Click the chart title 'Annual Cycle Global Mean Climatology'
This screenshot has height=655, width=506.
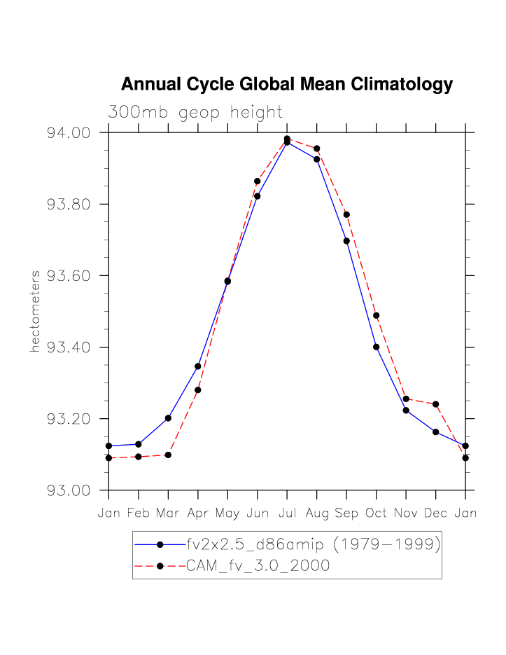(x=287, y=85)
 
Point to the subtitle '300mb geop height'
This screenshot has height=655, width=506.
(x=195, y=112)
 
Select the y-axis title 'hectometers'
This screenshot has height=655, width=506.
(x=35, y=311)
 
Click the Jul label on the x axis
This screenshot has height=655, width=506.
(x=287, y=513)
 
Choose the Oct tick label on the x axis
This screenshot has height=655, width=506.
(x=377, y=513)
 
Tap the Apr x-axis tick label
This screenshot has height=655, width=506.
(x=198, y=513)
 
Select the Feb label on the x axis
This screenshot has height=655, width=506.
(x=139, y=513)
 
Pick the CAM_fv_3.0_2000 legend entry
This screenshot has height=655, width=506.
(x=258, y=566)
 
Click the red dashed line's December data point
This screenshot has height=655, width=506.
(x=436, y=404)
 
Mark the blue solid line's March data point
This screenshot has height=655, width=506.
(x=168, y=418)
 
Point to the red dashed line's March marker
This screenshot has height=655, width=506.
(x=168, y=455)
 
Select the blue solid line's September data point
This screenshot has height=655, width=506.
(x=346, y=241)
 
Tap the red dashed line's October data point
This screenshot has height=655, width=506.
(x=377, y=315)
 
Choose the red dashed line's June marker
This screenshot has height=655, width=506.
(x=258, y=181)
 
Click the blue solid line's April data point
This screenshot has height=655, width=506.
(x=198, y=366)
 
